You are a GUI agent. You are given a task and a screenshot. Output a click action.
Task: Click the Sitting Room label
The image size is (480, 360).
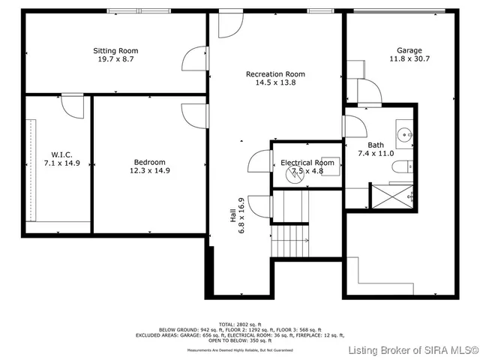coord(115,51)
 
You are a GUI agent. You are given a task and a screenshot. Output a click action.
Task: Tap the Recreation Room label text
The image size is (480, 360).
coord(276,73)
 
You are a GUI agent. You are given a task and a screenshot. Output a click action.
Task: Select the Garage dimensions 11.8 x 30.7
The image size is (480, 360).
coord(409,58)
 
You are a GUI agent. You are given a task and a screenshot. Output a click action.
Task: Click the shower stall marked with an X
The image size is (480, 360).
coord(392,196)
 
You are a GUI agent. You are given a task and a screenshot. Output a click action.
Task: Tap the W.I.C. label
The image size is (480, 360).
coord(57,154)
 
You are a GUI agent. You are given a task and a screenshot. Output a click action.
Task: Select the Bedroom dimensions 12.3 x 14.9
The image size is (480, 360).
coord(150,170)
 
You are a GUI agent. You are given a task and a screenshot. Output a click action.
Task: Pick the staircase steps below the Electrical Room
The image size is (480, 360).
coord(289,240)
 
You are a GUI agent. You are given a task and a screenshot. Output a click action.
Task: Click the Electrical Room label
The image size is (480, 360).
coord(307,163)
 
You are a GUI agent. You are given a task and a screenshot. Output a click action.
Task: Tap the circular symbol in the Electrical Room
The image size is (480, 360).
coord(293,175)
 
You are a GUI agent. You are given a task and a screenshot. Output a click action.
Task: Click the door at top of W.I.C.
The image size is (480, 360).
coord(72,106)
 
